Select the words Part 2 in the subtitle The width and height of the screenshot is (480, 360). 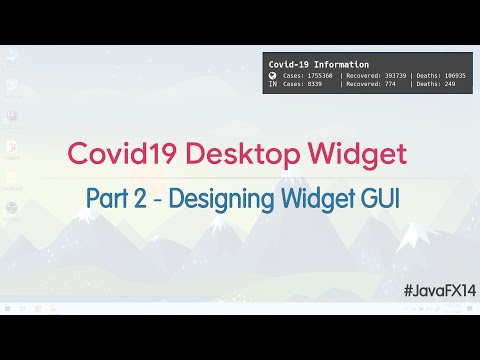[115, 197]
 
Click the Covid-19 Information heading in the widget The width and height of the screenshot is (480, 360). [318, 63]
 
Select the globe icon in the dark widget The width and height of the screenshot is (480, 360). [272, 75]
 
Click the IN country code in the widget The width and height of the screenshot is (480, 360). [272, 85]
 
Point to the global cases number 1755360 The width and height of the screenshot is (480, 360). [321, 75]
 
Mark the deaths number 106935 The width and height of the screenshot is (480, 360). [455, 75]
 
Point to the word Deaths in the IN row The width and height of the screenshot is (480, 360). [427, 85]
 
